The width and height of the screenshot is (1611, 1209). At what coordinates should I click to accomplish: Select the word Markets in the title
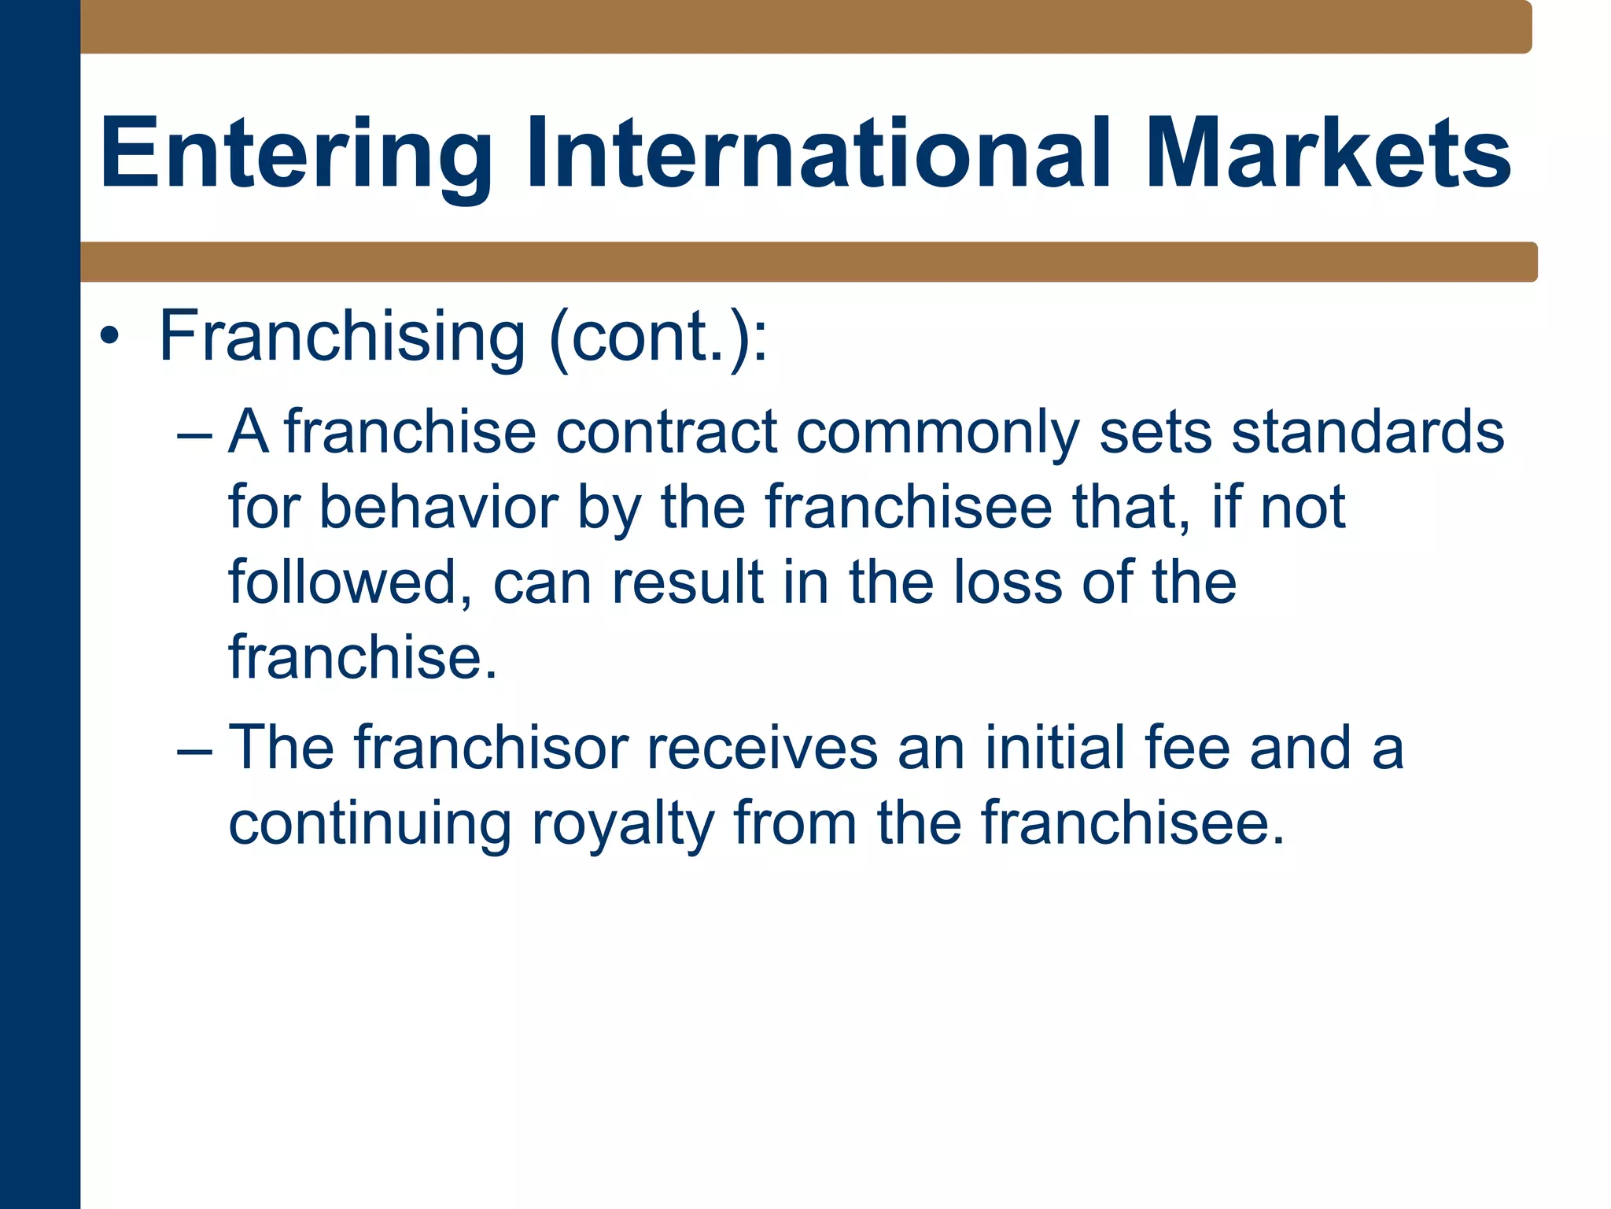[x=1328, y=153]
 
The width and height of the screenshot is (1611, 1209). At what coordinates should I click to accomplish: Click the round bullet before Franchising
[x=109, y=338]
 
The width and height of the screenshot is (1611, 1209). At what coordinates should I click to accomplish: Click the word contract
[x=666, y=433]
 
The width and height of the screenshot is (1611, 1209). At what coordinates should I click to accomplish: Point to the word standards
[x=1367, y=433]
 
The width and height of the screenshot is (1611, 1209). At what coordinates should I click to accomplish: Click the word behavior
[x=438, y=508]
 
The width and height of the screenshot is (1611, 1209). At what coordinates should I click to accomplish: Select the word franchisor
[x=491, y=748]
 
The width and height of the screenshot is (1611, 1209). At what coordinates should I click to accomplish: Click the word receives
[x=761, y=748]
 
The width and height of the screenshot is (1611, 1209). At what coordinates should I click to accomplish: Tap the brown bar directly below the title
[x=809, y=262]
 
